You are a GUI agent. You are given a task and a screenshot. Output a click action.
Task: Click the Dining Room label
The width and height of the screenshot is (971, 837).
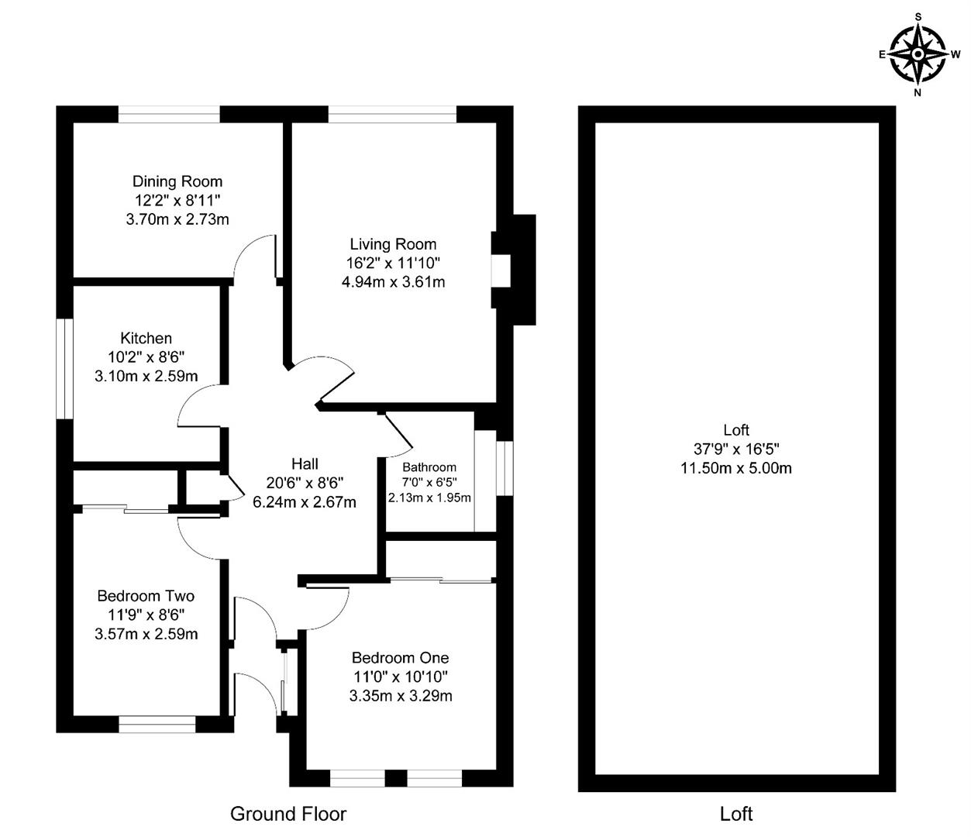177,181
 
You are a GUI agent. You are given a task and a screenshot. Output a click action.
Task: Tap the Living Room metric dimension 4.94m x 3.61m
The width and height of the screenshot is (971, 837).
393,282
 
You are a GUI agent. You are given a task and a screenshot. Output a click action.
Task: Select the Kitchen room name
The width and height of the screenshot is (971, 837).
146,338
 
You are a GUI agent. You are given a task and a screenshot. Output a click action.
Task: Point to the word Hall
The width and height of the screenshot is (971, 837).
305,463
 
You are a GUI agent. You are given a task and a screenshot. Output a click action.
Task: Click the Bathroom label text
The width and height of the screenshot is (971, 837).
429,467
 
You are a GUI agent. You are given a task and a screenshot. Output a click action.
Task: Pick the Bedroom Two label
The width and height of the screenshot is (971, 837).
146,595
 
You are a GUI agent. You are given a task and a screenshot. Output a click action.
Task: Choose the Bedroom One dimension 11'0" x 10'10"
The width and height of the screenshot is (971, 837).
401,677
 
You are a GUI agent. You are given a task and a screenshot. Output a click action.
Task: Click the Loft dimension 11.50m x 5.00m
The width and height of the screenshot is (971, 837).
736,468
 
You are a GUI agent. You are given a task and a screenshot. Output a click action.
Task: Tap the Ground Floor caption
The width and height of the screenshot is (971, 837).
288,814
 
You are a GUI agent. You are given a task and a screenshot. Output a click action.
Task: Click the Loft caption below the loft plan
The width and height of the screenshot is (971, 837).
736,814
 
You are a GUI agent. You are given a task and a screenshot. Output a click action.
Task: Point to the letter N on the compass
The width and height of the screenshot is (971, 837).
918,93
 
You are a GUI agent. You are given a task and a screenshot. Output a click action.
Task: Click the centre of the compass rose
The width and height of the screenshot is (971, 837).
918,55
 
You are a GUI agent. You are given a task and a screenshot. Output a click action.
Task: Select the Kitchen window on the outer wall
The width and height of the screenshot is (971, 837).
65,369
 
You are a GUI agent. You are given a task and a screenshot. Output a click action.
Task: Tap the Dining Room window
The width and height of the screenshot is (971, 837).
169,115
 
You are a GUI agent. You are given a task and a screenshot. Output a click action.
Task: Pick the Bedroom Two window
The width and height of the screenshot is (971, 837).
157,725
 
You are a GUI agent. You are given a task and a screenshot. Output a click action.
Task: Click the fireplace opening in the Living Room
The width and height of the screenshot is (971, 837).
501,270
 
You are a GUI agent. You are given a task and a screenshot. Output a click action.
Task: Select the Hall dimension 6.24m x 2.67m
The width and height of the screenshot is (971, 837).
305,502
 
